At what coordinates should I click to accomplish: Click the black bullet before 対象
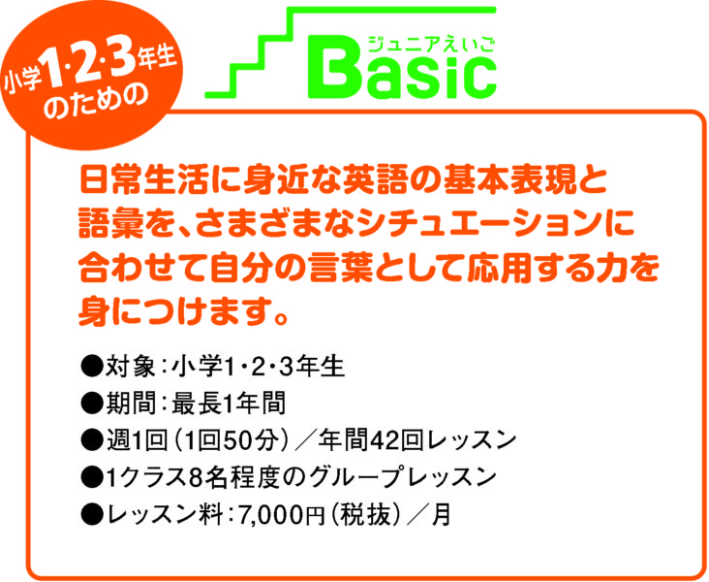tap(91, 366)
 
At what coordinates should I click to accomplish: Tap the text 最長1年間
tap(229, 403)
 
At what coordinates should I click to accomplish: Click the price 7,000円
tap(281, 515)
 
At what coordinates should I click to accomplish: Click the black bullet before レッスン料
tap(91, 515)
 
